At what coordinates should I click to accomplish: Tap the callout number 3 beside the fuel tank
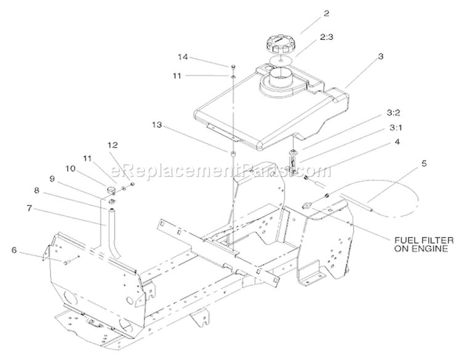(x=381, y=56)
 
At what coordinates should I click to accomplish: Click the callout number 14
(x=183, y=57)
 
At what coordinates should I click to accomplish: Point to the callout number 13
(x=156, y=125)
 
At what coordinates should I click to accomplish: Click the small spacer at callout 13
(x=233, y=154)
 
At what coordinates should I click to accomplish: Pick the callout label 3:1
(x=395, y=128)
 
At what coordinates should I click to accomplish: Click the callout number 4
(x=397, y=142)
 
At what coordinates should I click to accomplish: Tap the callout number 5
(x=424, y=163)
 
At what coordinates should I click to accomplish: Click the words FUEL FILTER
(x=424, y=241)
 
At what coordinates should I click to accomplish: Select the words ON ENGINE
(x=421, y=249)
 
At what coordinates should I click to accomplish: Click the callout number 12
(x=113, y=145)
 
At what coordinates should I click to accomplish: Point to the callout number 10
(x=70, y=169)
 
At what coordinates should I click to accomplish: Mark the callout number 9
(x=52, y=178)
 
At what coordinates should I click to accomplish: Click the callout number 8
(x=36, y=190)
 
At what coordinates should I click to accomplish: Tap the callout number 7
(x=29, y=208)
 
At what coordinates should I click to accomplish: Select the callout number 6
(x=14, y=250)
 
